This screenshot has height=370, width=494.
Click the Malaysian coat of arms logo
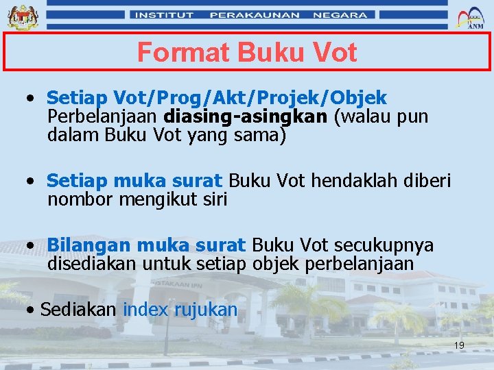(x=23, y=16)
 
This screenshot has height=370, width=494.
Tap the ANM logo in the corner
(x=474, y=17)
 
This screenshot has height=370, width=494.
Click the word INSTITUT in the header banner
(x=165, y=14)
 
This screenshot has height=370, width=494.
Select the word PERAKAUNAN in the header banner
(x=255, y=14)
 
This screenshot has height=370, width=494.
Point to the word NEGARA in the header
(x=340, y=14)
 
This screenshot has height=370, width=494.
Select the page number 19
(x=459, y=345)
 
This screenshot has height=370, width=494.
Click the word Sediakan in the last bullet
(x=78, y=310)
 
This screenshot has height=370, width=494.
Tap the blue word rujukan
(x=205, y=310)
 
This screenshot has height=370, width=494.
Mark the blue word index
(x=145, y=310)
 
